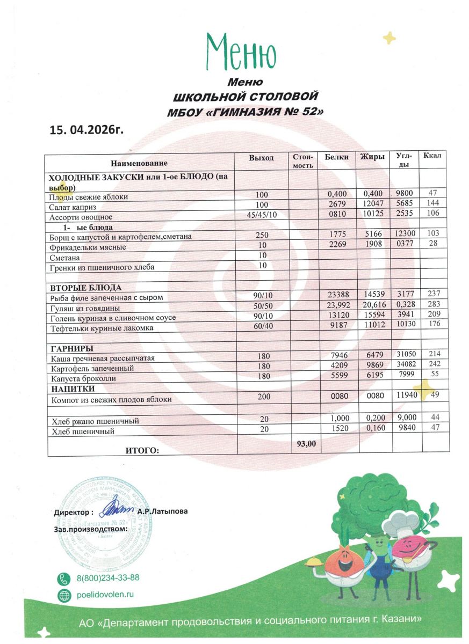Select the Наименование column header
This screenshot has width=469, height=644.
(x=139, y=163)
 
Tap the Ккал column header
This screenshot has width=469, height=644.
(x=432, y=156)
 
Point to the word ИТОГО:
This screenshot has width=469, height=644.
(x=142, y=450)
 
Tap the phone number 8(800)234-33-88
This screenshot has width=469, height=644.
(x=108, y=578)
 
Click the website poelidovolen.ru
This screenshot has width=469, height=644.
(x=105, y=595)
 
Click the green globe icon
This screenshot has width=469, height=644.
(x=64, y=595)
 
